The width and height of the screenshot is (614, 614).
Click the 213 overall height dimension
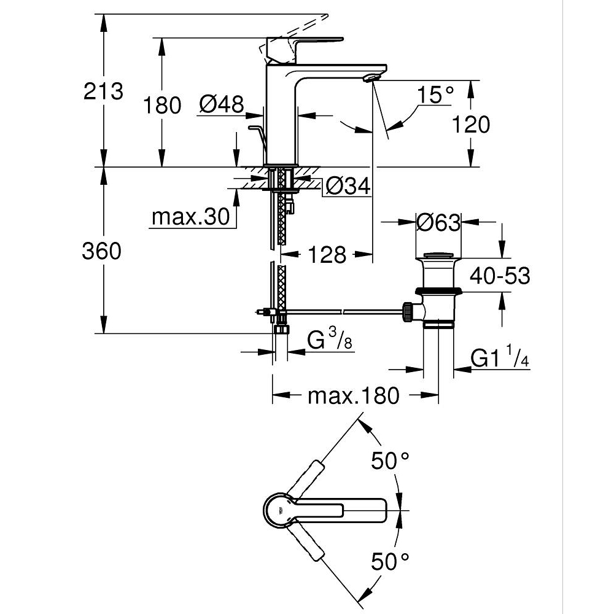[104, 91]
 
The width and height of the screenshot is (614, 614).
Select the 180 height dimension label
[162, 105]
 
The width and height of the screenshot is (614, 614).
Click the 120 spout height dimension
[471, 124]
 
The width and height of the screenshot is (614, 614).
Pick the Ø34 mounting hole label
[349, 185]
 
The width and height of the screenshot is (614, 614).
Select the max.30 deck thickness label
[190, 217]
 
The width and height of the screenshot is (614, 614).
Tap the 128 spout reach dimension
[327, 254]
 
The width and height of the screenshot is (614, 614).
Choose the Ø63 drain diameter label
[438, 222]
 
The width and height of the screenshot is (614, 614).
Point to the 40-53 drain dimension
[499, 276]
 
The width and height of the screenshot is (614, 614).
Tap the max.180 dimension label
[353, 396]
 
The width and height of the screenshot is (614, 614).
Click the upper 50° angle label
[389, 460]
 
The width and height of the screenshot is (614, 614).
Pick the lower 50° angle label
[389, 560]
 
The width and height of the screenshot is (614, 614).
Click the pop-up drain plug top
[438, 255]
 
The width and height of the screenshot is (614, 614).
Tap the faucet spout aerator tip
[373, 77]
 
